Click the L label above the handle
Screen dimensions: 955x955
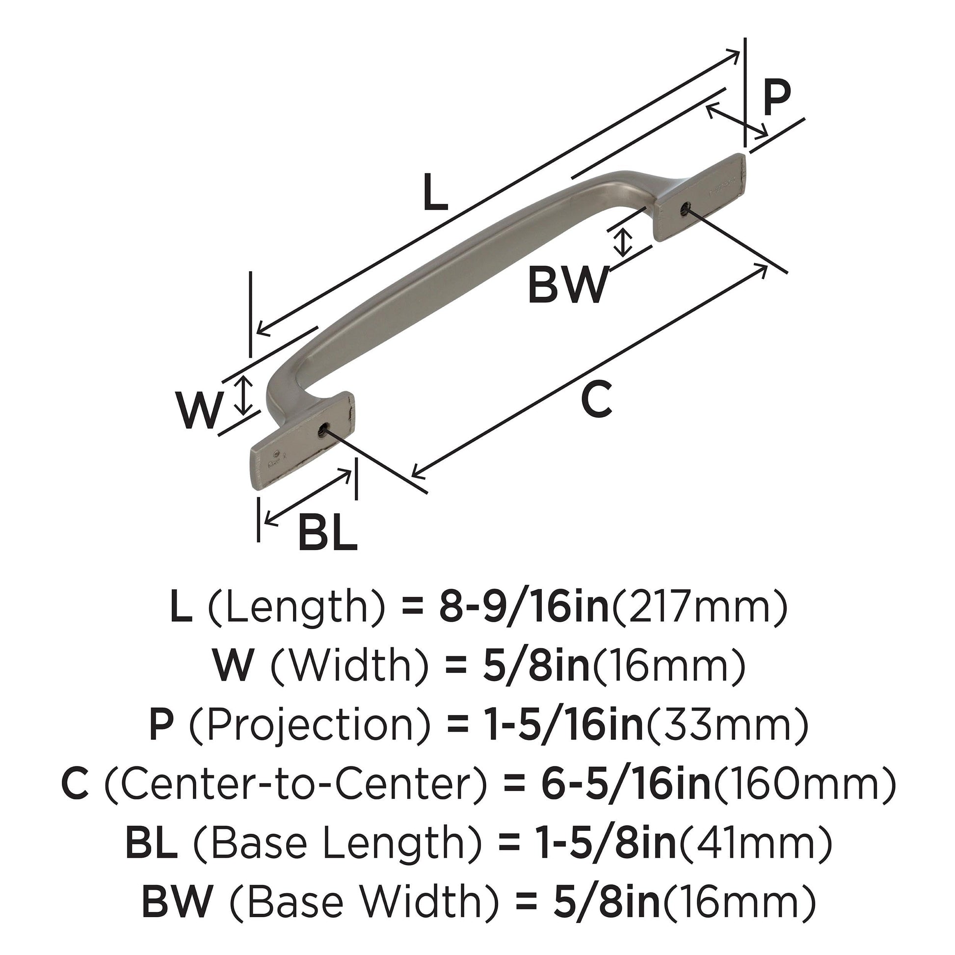tap(435, 193)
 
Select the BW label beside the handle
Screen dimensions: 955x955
tap(568, 285)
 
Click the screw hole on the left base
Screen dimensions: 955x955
tap(323, 430)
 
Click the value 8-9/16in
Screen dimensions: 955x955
tap(524, 609)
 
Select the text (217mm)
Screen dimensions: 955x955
tap(699, 609)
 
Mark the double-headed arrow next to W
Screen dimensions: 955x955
tap(243, 395)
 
